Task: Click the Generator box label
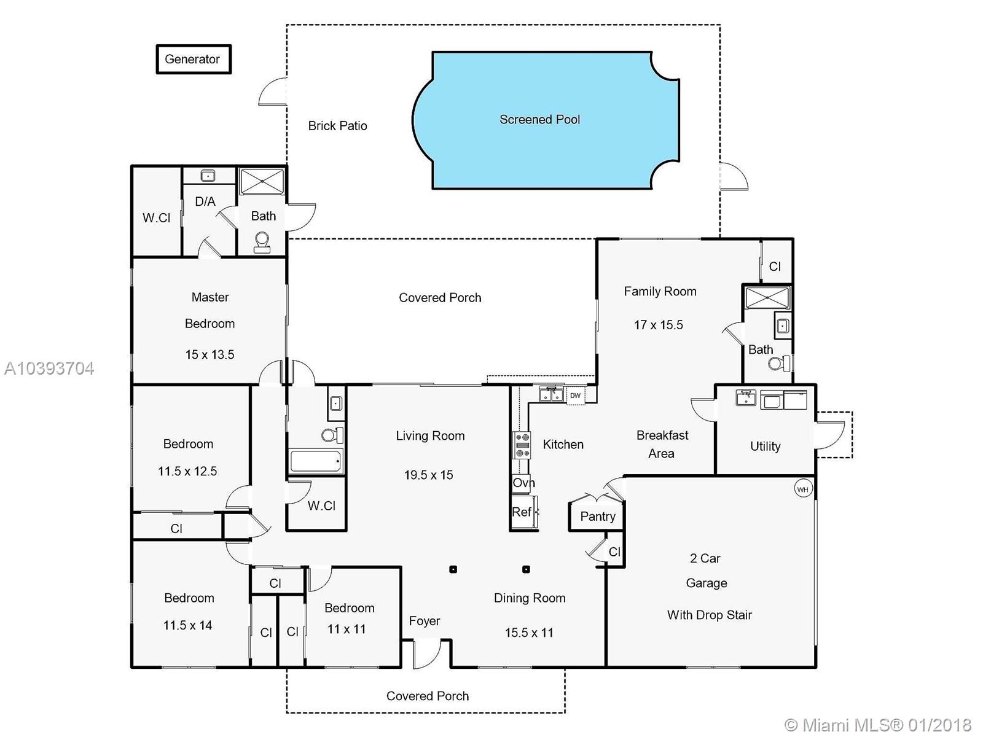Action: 192,59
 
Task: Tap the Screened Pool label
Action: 539,120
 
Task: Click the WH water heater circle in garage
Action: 802,489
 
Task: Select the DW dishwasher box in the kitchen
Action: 576,396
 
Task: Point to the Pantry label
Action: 598,517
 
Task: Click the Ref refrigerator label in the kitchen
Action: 522,512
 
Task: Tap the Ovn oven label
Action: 523,483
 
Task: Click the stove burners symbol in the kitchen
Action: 521,445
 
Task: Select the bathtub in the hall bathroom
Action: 316,461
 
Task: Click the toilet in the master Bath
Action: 262,242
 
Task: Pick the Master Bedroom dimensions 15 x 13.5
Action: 210,355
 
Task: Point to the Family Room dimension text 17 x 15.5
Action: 659,325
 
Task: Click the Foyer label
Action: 425,621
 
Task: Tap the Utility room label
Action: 766,446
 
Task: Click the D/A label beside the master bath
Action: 205,202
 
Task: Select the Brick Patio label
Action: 338,126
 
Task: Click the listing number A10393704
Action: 49,368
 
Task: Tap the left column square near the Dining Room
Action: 453,570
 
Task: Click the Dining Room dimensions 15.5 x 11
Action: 530,633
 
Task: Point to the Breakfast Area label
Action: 662,444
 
